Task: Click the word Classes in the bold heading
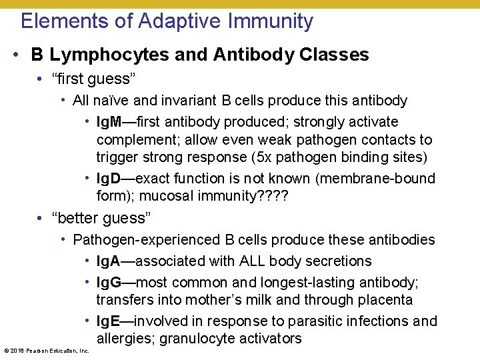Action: [x=333, y=55]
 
